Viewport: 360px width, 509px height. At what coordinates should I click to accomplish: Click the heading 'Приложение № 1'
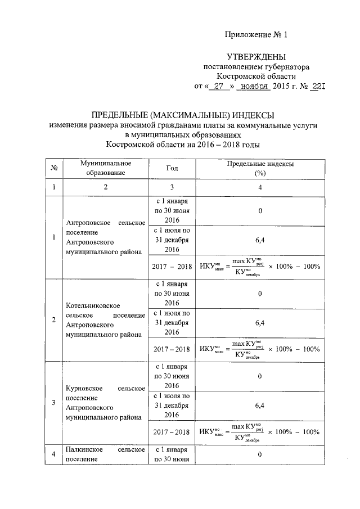coord(256,34)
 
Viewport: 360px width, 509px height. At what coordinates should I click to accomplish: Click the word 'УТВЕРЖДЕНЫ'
coord(256,57)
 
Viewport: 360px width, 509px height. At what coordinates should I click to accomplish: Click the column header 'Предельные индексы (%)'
coord(259,168)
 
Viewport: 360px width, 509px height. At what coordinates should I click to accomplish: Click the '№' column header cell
coord(53,168)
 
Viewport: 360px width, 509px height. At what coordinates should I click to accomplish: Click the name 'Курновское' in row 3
coord(84,388)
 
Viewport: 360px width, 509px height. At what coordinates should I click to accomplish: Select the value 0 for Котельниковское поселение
coord(259,294)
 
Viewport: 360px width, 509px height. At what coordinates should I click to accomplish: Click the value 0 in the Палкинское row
coord(259,454)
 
